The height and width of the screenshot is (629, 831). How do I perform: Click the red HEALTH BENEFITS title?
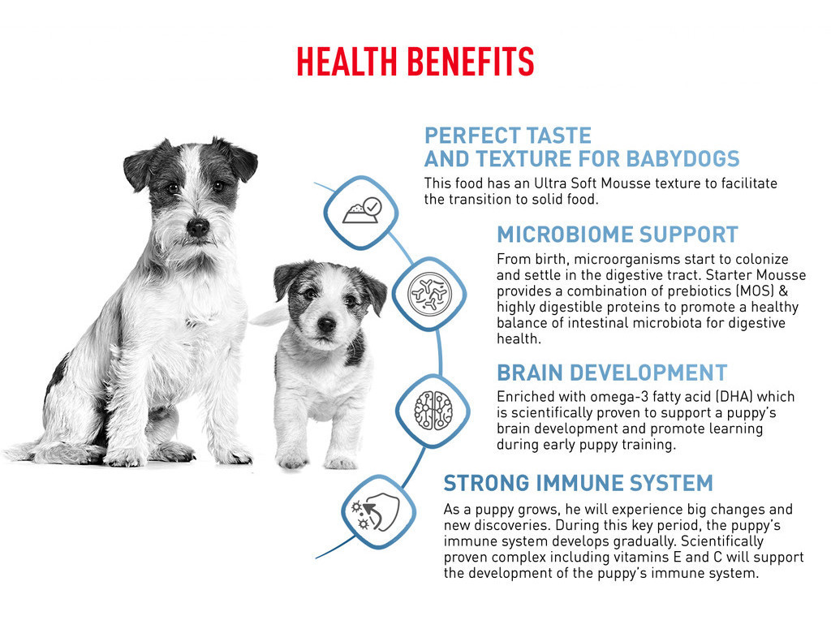(x=415, y=62)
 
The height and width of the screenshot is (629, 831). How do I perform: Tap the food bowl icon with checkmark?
(x=361, y=212)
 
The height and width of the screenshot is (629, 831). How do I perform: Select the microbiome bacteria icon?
(x=429, y=293)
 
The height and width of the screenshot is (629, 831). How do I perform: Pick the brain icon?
(x=433, y=410)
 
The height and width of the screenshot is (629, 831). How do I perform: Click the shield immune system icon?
(x=377, y=511)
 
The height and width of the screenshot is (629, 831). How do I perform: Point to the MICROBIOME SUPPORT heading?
(x=618, y=235)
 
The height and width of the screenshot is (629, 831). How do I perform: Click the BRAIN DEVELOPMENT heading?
(x=612, y=373)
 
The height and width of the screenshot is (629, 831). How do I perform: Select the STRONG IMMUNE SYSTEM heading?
(x=578, y=483)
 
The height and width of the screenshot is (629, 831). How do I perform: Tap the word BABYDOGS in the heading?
(x=682, y=158)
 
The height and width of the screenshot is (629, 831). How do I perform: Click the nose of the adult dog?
(x=198, y=227)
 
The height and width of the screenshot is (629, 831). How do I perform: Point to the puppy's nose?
(x=326, y=323)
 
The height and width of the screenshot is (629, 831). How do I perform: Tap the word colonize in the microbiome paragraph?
(x=760, y=259)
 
